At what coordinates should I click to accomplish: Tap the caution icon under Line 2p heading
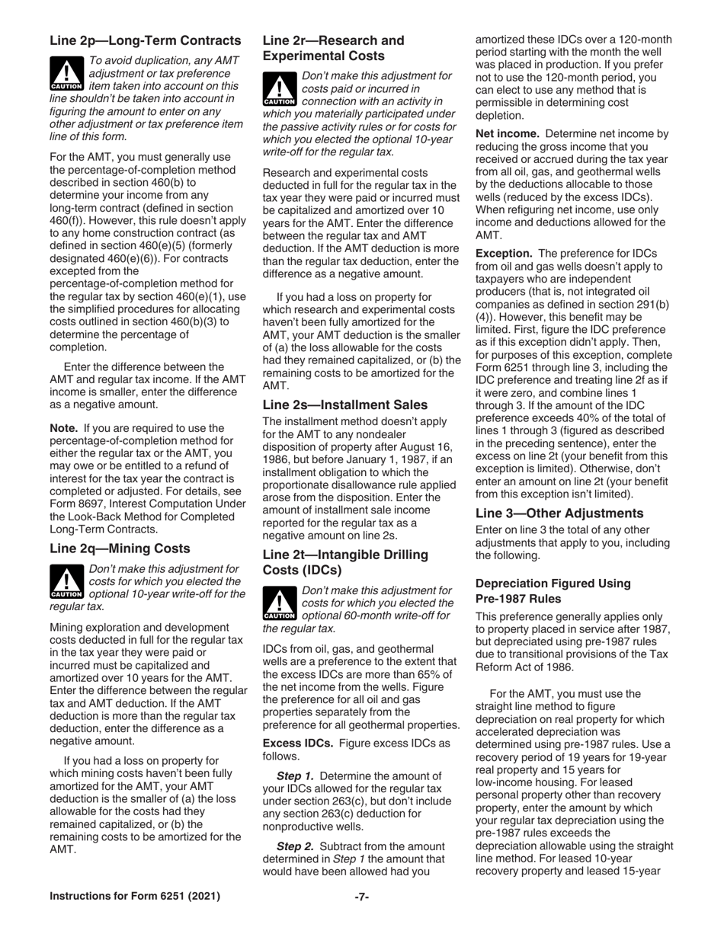pyautogui.click(x=66, y=74)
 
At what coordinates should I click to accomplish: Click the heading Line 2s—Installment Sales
pyautogui.click(x=344, y=405)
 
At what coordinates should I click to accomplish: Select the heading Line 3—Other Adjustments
pyautogui.click(x=559, y=513)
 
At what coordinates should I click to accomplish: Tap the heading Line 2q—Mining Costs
pyautogui.click(x=120, y=548)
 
